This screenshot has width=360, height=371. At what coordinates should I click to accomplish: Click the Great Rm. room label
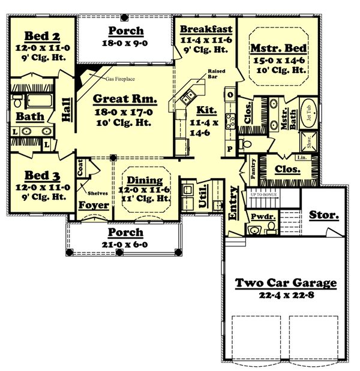click(x=125, y=99)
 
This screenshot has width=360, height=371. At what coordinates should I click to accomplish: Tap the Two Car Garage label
click(x=285, y=282)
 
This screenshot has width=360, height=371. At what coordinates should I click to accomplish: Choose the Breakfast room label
click(x=206, y=29)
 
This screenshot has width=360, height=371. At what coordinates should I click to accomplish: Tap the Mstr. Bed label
click(x=278, y=48)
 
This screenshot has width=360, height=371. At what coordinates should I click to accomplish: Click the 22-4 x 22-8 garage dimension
click(x=285, y=295)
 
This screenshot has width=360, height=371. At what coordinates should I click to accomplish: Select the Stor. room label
click(x=324, y=214)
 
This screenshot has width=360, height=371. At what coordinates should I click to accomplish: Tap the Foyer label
click(x=94, y=206)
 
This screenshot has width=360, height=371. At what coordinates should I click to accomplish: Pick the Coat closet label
click(x=80, y=168)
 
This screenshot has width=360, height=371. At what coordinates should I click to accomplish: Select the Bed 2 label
click(x=40, y=36)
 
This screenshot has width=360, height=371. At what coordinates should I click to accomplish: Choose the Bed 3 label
click(x=40, y=176)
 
